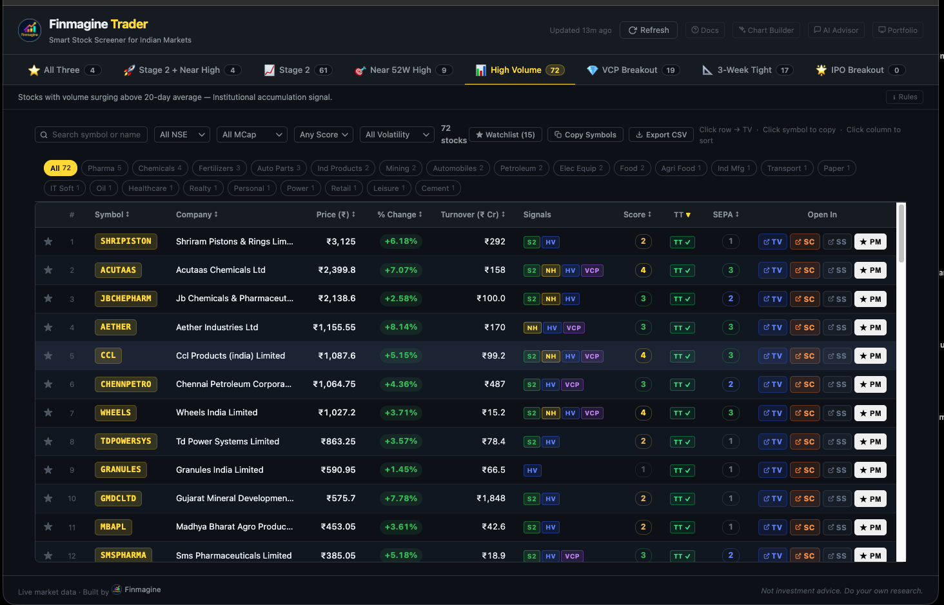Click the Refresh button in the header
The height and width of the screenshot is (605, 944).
(649, 30)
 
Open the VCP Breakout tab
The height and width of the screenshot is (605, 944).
(629, 70)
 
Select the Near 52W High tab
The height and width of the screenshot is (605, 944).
(400, 70)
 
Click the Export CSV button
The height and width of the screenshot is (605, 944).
(661, 135)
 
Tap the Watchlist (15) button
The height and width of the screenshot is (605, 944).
(505, 135)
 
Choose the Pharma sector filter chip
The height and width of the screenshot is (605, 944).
(104, 168)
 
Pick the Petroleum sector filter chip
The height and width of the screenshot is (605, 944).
(521, 168)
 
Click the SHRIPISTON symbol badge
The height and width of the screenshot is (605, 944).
(126, 241)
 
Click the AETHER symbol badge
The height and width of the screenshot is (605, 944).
(115, 327)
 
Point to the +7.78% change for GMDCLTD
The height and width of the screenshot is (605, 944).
(400, 499)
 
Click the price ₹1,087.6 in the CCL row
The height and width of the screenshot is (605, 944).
(337, 356)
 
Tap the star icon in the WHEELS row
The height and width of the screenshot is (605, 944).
(48, 413)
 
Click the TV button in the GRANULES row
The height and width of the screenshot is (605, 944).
(772, 470)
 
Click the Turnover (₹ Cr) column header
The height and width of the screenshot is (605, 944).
(472, 215)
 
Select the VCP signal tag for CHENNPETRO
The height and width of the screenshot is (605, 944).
(572, 384)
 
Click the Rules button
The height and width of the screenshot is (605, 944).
(904, 97)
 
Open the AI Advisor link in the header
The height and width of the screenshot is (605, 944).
(836, 30)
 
